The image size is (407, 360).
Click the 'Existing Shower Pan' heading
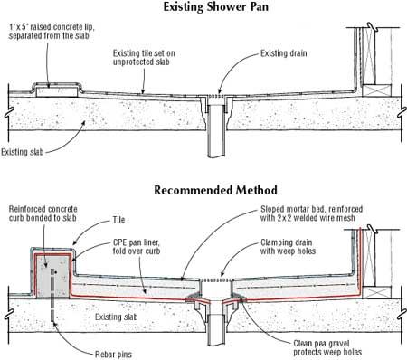pos(215,7)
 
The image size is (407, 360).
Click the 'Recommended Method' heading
pos(215,190)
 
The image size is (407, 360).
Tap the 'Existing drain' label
pos(284,53)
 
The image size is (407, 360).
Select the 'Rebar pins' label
pos(113,355)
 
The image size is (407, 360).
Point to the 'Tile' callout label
pos(118,220)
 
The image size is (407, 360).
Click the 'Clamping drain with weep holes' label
pos(288,247)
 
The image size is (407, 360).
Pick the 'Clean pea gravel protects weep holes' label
pos(327,347)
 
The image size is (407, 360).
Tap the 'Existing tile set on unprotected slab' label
pos(144,58)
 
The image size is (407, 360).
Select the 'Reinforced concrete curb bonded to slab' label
pos(43,213)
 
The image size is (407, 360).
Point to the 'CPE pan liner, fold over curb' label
pos(137,247)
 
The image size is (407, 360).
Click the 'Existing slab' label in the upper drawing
pos(23,152)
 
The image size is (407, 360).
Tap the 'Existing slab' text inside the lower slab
pos(117,317)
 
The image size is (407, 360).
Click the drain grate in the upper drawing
pos(216,96)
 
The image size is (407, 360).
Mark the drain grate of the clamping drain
pos(216,280)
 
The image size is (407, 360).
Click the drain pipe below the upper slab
pos(216,131)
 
